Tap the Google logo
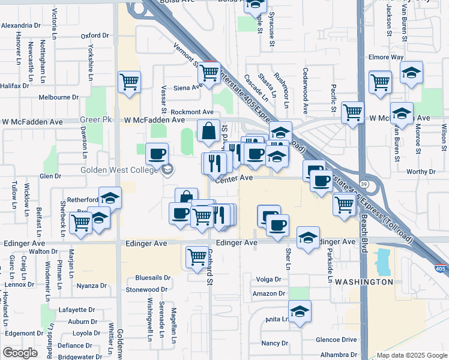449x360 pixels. coord(20,353)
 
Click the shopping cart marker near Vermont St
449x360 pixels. coord(209,73)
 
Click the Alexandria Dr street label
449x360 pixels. coord(20,26)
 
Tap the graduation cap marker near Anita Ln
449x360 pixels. coord(300,312)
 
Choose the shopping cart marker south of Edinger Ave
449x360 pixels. coord(197,257)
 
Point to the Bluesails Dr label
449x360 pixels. coord(152,278)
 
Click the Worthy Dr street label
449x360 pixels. coord(420,172)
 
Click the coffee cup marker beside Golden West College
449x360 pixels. coord(157,154)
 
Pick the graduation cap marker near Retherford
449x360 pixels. coord(110,198)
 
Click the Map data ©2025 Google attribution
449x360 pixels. coord(412,355)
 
